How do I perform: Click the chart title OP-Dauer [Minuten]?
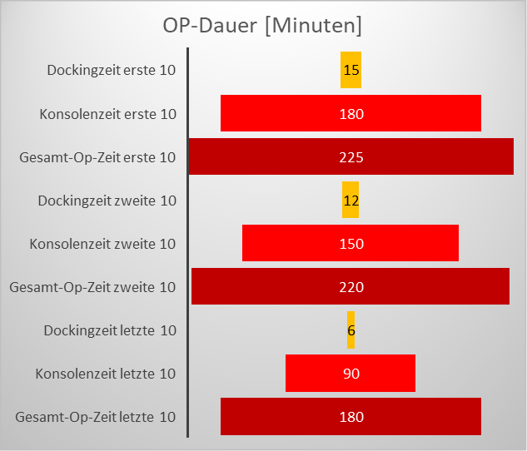click(x=262, y=26)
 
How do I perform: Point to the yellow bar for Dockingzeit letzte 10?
click(x=351, y=330)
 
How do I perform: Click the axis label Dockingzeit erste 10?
click(x=112, y=70)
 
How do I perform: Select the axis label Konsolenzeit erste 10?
click(x=107, y=113)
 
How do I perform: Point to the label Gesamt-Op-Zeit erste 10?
click(x=97, y=156)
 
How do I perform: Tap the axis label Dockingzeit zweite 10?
click(x=107, y=200)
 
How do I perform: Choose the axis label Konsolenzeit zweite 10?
click(x=102, y=243)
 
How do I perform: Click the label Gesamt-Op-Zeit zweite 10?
click(x=92, y=286)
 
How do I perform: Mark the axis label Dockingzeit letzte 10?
click(x=110, y=330)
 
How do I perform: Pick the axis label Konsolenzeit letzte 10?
click(x=106, y=373)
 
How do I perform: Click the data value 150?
click(x=351, y=244)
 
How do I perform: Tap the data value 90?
click(x=351, y=374)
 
